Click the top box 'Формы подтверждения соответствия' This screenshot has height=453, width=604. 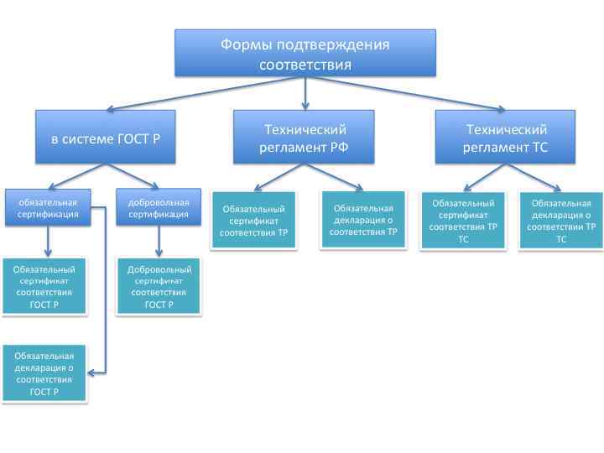[x=305, y=54]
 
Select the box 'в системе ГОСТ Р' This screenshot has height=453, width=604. [x=105, y=137]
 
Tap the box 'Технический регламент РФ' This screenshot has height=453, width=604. [x=305, y=138]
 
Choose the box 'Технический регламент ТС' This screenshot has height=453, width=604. [x=506, y=138]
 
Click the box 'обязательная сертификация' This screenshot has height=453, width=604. [x=47, y=208]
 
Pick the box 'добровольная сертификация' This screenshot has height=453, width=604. [x=159, y=208]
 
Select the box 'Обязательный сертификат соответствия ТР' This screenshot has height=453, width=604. [x=253, y=220]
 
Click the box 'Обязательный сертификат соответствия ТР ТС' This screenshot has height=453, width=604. [x=463, y=221]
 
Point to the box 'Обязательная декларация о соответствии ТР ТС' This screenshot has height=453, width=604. [x=561, y=221]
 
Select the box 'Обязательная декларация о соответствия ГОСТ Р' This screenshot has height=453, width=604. [x=44, y=373]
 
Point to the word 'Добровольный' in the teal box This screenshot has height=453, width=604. [x=159, y=270]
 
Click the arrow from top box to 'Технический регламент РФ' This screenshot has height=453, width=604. [x=305, y=92]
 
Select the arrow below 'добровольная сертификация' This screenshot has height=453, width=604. [x=159, y=242]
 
